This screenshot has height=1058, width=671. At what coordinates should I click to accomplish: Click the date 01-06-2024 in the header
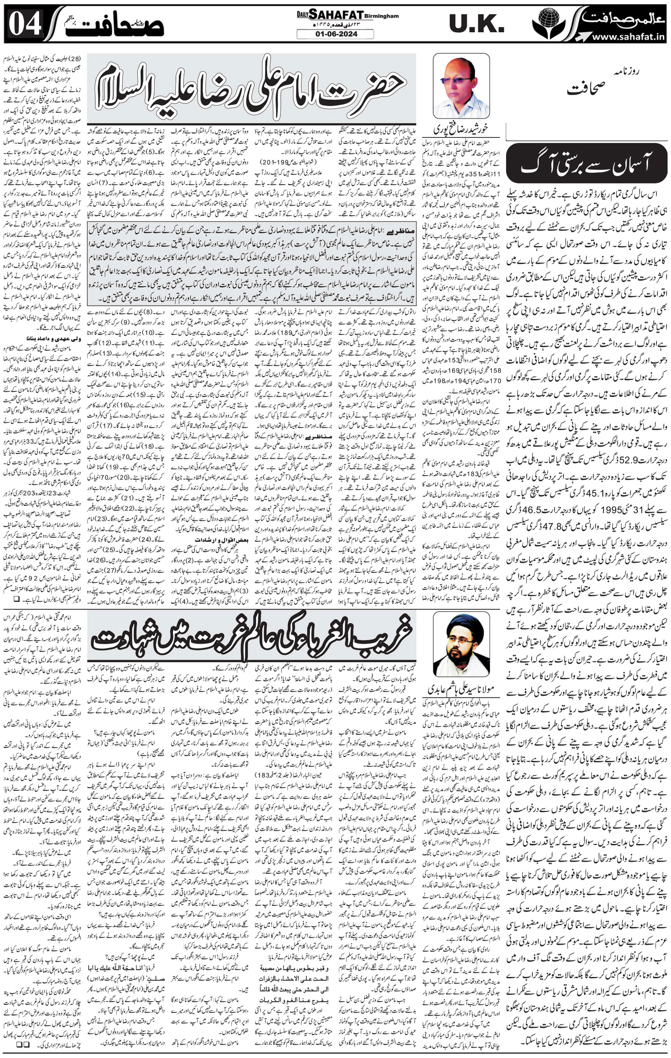point(335,34)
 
